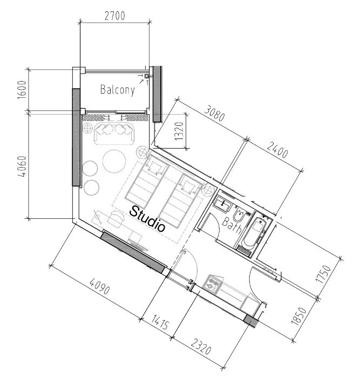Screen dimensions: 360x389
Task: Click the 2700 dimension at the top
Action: pyautogui.click(x=115, y=16)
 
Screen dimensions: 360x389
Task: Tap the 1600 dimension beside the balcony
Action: pyautogui.click(x=22, y=90)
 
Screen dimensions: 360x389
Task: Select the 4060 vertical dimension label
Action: pyautogui.click(x=22, y=166)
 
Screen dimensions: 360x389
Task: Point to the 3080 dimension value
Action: pyautogui.click(x=215, y=114)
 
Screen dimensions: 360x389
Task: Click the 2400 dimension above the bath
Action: pyautogui.click(x=277, y=150)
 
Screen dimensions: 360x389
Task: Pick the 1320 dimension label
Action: pyautogui.click(x=179, y=131)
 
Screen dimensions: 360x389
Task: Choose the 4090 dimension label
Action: pyautogui.click(x=100, y=286)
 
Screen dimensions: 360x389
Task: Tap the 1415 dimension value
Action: pyautogui.click(x=160, y=322)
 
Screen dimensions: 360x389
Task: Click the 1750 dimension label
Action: pyautogui.click(x=323, y=273)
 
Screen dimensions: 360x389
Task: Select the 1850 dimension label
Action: pyautogui.click(x=299, y=316)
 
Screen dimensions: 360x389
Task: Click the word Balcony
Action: pyautogui.click(x=118, y=90)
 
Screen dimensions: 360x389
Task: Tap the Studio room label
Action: pyautogui.click(x=147, y=218)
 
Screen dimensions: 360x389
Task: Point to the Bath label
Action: pyautogui.click(x=232, y=225)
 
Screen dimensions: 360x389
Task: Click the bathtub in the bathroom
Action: pyautogui.click(x=255, y=233)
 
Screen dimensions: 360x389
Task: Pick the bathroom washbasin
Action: pyautogui.click(x=223, y=204)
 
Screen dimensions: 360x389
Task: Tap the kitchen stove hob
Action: pyautogui.click(x=213, y=284)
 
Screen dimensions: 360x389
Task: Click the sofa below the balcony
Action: pyautogui.click(x=114, y=134)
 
